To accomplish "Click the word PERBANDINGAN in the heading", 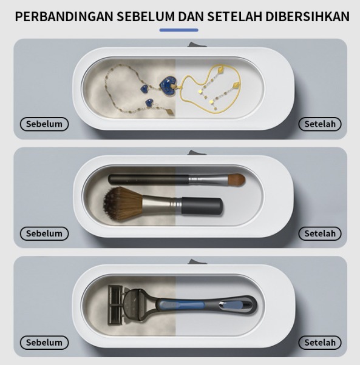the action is [64, 17].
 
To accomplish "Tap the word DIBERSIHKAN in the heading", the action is [307, 17].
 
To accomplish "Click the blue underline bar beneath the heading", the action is [179, 30].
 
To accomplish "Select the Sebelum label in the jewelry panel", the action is [44, 124].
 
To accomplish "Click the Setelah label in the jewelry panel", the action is [320, 124].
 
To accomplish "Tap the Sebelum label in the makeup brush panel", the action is [44, 233].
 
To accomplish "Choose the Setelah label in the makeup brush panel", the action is [320, 233].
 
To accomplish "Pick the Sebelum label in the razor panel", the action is [44, 343].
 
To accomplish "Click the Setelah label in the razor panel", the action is [320, 343].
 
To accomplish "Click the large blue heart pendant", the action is [168, 86].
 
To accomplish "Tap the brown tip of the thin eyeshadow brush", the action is [236, 179].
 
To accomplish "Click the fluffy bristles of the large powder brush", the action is [122, 204].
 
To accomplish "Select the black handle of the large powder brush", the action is [202, 206].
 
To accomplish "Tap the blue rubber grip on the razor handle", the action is [182, 304].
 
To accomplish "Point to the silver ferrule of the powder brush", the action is [161, 204].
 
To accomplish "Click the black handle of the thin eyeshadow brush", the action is [148, 179].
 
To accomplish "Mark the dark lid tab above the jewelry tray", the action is [197, 45].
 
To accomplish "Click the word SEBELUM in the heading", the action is [146, 17].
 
